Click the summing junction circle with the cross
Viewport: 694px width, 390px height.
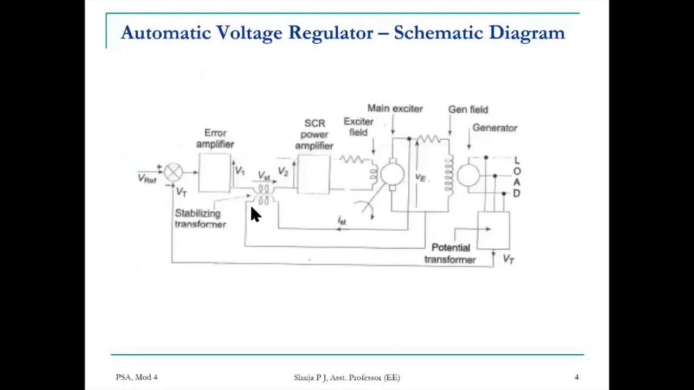point(173,173)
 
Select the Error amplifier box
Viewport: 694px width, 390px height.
point(215,173)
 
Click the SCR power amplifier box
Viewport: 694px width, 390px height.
point(313,174)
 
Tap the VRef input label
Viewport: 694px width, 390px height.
point(147,179)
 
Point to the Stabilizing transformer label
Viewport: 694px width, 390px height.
point(200,218)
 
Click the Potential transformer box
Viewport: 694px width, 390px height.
point(493,230)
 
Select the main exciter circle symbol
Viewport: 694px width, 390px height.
point(392,174)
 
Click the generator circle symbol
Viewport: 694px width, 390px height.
point(468,175)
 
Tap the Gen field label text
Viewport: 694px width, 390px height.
point(468,109)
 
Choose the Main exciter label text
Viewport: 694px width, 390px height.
point(395,108)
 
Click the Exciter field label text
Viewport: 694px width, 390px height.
point(358,127)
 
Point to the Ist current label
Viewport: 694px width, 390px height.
point(342,220)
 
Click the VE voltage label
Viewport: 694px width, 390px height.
point(420,178)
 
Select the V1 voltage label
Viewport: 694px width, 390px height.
point(240,171)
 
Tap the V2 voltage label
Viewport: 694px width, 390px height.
point(283,171)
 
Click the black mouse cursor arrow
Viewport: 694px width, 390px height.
point(255,214)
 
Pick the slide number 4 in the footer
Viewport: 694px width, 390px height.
point(576,377)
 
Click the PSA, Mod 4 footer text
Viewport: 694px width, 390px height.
point(137,377)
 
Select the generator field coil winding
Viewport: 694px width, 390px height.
point(449,175)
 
